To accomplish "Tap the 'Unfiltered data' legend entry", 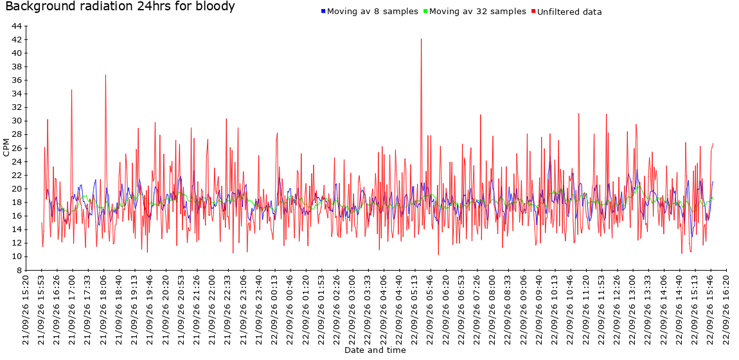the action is pos(569,12).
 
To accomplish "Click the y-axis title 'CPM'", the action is pos(6,148).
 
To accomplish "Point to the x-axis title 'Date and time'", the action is pos(375,350).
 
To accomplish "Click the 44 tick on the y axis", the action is pos(16,26).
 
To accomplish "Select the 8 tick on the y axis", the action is pos(19,271).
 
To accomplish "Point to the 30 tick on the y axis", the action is pos(16,121).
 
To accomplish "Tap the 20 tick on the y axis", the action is pos(16,189).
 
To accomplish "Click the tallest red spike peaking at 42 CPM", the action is pos(421,39).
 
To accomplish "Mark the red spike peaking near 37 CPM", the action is pos(105,75).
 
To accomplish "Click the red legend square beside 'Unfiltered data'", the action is pos(533,11).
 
